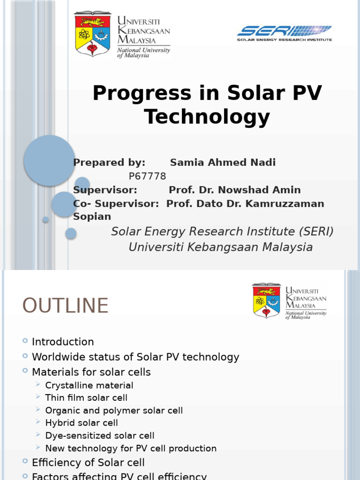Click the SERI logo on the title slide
click(285, 33)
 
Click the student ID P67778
click(147, 176)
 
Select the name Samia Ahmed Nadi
click(223, 163)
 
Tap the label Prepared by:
click(109, 163)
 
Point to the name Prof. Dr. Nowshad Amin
click(234, 190)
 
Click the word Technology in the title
click(207, 117)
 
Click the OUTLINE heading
click(65, 306)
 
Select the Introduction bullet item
click(63, 342)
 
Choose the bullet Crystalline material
click(89, 385)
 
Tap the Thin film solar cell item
click(86, 398)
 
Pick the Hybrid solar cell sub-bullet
click(82, 423)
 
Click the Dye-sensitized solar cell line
click(100, 436)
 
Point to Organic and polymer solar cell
click(114, 411)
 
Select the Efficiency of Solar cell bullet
click(88, 463)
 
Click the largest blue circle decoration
click(49, 160)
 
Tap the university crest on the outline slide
click(266, 300)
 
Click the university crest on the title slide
click(92, 34)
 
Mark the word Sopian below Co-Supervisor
click(92, 217)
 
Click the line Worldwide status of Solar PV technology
click(135, 357)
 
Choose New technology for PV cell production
click(131, 449)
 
